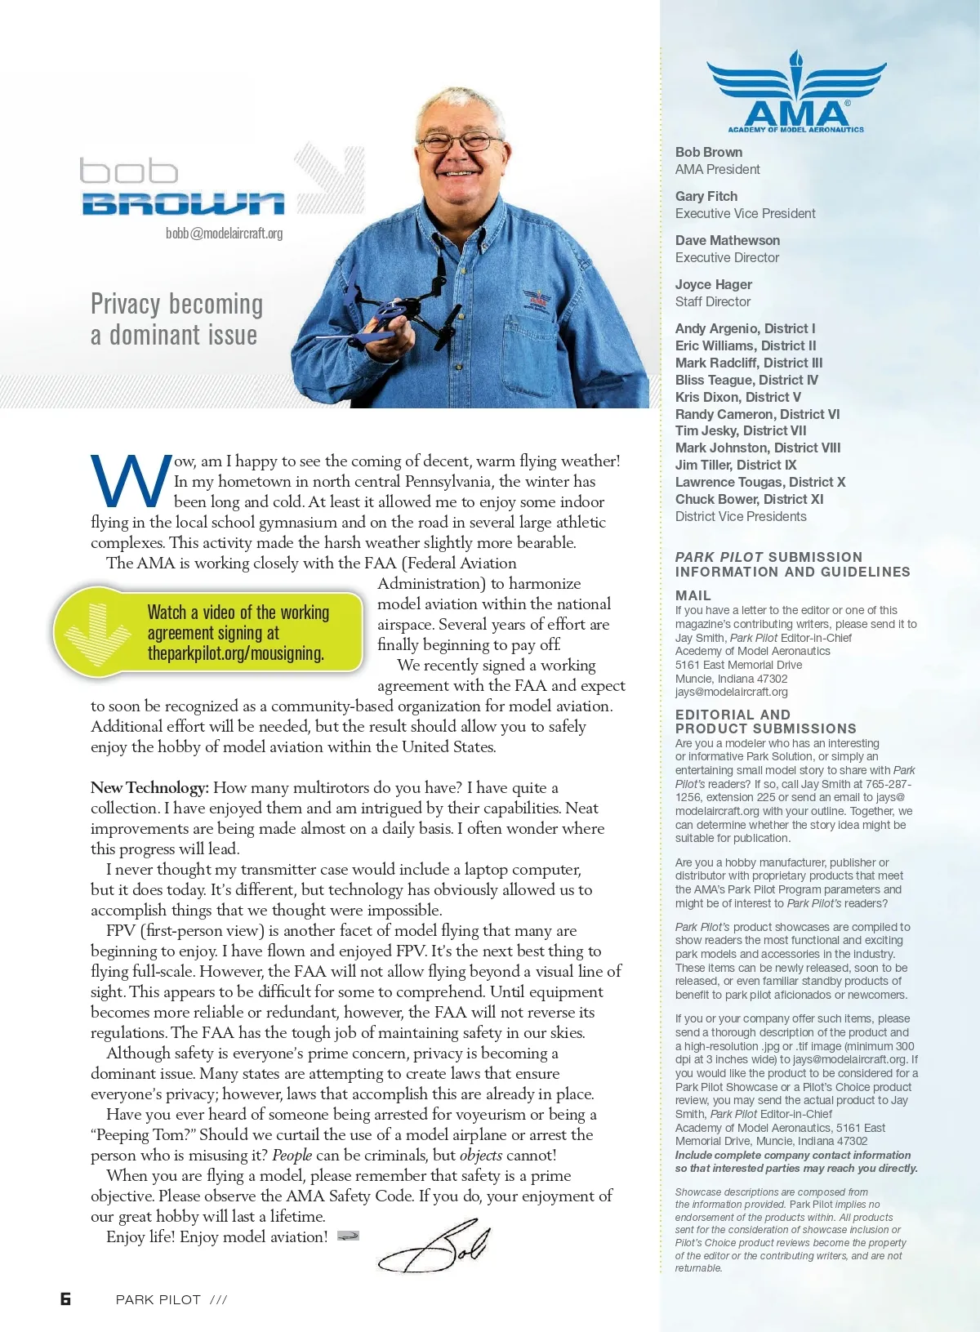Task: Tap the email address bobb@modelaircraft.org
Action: point(224,234)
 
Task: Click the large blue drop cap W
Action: point(131,482)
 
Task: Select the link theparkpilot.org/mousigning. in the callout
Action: point(235,653)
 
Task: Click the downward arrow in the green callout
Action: point(97,634)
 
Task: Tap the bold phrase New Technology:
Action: point(149,788)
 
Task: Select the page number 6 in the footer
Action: point(65,1299)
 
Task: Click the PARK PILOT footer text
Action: point(158,1300)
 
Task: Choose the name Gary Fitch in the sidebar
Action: point(706,196)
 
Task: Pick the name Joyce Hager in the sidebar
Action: point(714,284)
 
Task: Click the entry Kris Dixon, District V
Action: point(738,397)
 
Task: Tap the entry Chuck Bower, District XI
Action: point(749,499)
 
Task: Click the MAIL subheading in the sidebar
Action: point(693,595)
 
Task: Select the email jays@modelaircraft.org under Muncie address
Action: point(732,692)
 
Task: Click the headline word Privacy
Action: point(126,305)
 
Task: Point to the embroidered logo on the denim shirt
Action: point(537,297)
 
